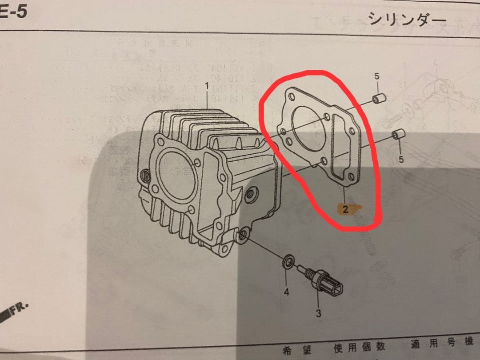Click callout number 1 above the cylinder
[207, 85]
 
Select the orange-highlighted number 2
[345, 209]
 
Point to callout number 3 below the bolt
[318, 313]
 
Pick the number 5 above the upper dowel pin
[377, 76]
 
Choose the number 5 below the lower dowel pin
[401, 159]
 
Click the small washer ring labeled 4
[288, 262]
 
